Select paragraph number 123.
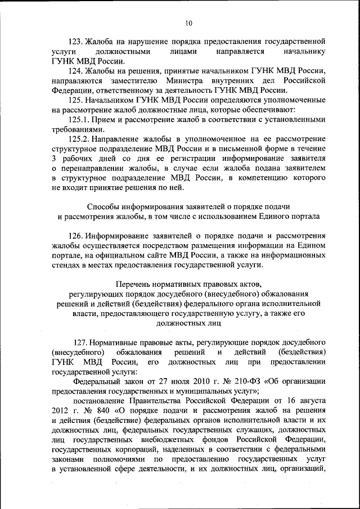pos(76,42)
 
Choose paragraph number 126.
pos(76,236)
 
